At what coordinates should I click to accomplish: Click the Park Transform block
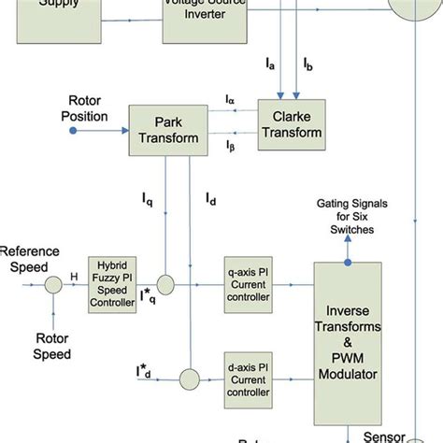164,131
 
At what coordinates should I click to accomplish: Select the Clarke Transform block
290,124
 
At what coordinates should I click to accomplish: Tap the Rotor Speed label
52,346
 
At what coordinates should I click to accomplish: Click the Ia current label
271,64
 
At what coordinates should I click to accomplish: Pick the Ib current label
308,64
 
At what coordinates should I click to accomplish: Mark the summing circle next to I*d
190,379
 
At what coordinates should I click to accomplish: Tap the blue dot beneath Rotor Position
73,131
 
